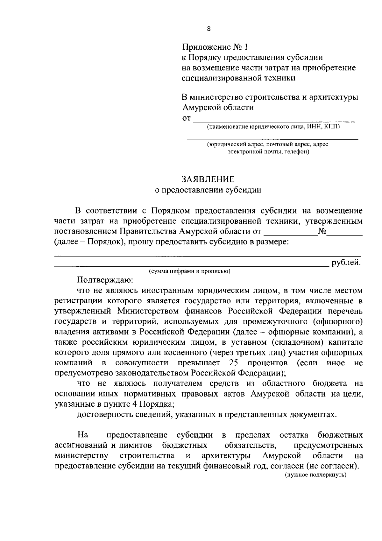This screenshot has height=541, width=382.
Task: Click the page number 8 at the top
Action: [209, 29]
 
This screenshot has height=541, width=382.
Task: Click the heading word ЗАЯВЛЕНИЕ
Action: [208, 179]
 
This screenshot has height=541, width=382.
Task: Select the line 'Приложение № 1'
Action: [215, 47]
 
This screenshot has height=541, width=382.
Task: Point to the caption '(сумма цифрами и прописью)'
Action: [190, 271]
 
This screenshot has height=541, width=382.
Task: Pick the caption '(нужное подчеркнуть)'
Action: [315, 475]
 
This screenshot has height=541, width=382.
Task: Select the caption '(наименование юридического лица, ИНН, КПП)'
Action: [273, 127]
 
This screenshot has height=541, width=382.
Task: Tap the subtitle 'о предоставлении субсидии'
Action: [208, 190]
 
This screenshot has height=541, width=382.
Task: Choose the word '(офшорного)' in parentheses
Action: [337, 321]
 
